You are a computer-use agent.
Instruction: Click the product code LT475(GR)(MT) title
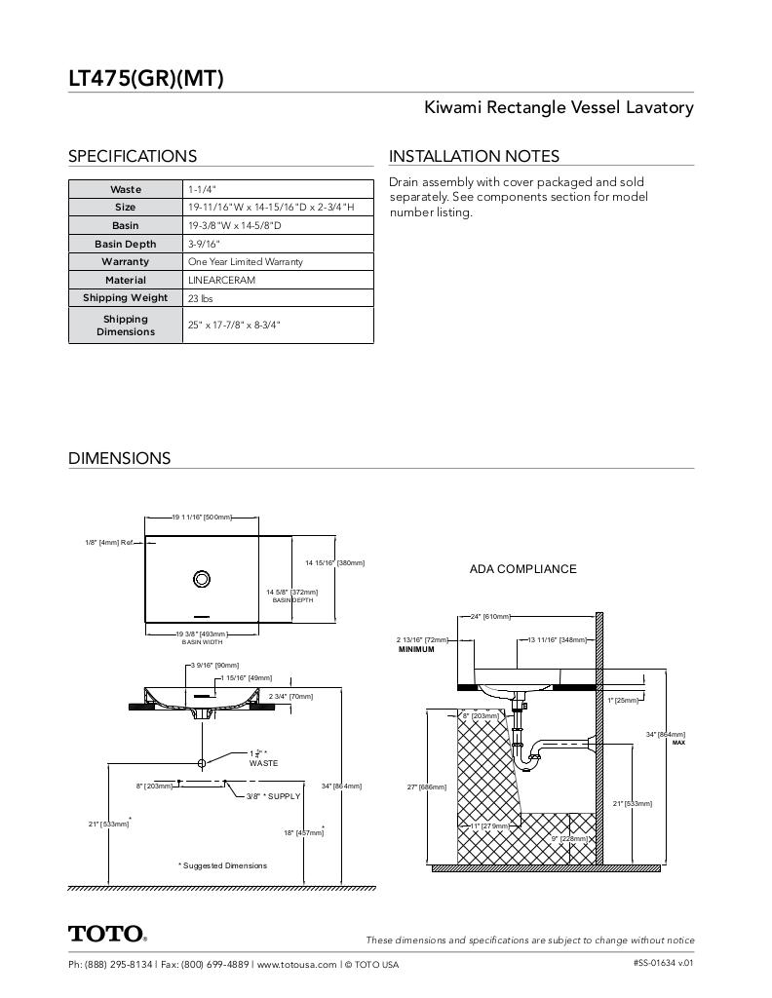pos(146,78)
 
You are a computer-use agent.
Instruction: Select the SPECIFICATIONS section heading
pos(133,156)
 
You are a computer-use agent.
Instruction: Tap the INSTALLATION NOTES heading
pos(474,156)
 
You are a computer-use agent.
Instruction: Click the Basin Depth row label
pos(125,244)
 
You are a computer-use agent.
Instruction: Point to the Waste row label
pos(125,189)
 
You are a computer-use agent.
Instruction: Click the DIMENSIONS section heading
pos(119,458)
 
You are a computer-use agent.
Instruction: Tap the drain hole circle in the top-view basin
pos(202,578)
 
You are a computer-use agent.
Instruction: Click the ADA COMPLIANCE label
pos(522,569)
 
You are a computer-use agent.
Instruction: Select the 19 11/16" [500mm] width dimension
pos(203,517)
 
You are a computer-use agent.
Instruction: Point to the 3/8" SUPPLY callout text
pos(273,796)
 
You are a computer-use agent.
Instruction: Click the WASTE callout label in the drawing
pos(263,763)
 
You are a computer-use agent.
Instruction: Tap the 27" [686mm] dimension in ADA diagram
pos(426,787)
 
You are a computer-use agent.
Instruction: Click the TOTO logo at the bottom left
pos(107,934)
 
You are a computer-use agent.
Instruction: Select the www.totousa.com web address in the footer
pos(297,965)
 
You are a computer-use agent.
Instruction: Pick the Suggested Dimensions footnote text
pos(222,865)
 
